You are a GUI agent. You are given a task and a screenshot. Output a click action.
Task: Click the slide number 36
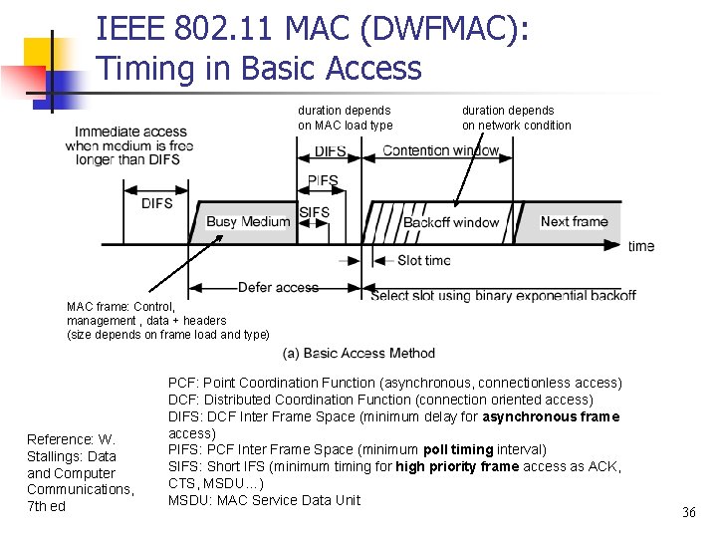(x=688, y=512)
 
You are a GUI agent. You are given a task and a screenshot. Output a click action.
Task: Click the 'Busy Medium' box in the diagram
(x=247, y=221)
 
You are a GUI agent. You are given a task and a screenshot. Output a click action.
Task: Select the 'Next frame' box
(x=574, y=221)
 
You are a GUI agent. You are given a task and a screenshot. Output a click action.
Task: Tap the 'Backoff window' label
(x=451, y=222)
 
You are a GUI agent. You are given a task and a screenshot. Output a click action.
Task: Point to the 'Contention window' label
(x=441, y=150)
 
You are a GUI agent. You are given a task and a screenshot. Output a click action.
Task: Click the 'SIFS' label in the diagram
(x=314, y=212)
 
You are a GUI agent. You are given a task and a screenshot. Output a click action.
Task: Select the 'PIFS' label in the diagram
(x=323, y=181)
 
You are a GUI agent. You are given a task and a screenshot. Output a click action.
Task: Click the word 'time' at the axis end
(x=641, y=246)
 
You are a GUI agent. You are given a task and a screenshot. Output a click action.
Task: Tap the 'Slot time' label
(x=423, y=260)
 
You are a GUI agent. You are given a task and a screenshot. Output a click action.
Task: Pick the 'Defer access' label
(x=278, y=288)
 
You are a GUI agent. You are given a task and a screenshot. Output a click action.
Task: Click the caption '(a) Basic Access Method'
(x=358, y=353)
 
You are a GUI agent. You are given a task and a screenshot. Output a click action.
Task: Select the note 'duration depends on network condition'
(x=516, y=118)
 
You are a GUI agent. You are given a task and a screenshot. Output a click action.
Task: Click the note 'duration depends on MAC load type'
(x=345, y=118)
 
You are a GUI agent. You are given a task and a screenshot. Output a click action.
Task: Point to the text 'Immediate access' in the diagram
(x=130, y=132)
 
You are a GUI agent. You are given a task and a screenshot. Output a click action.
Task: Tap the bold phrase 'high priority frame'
(x=457, y=466)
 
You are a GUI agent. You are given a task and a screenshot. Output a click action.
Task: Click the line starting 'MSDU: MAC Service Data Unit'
(x=264, y=500)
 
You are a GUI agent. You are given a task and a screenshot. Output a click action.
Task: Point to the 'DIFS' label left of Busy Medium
(x=156, y=203)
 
